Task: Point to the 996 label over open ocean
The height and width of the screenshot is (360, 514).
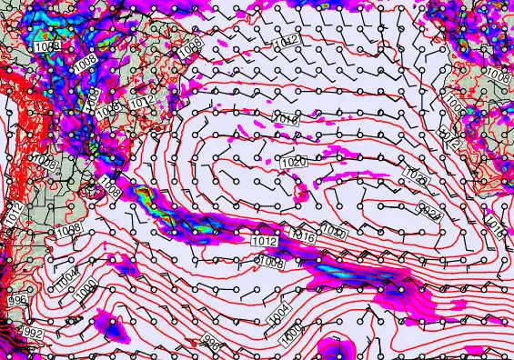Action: [x=211, y=342]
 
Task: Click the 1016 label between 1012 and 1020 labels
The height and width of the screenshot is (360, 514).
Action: [x=286, y=119]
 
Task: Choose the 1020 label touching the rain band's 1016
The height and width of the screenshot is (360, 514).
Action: [x=333, y=235]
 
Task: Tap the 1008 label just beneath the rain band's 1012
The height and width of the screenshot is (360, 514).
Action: [x=270, y=262]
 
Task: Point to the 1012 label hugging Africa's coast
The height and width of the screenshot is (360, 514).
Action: [x=450, y=138]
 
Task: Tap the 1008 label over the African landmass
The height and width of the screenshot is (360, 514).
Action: [x=497, y=72]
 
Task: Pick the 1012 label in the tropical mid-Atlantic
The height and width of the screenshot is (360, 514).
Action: [x=287, y=41]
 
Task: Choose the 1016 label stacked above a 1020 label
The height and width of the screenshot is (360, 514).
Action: [x=286, y=119]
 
